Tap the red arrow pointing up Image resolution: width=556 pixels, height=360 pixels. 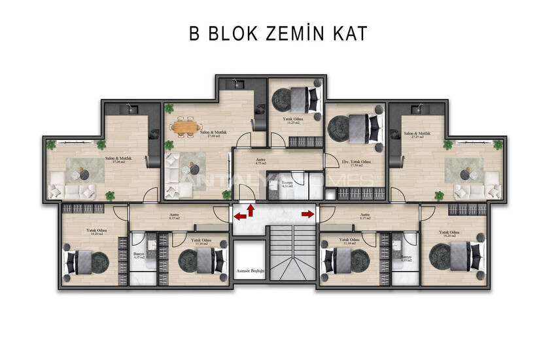pos(251,209)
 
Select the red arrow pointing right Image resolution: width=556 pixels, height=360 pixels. pos(306,213)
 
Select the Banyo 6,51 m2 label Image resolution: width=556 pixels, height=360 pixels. pos(286,184)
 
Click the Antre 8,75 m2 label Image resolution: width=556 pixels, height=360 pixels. pos(260,162)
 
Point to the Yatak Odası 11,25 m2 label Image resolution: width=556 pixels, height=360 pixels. pos(292,120)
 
